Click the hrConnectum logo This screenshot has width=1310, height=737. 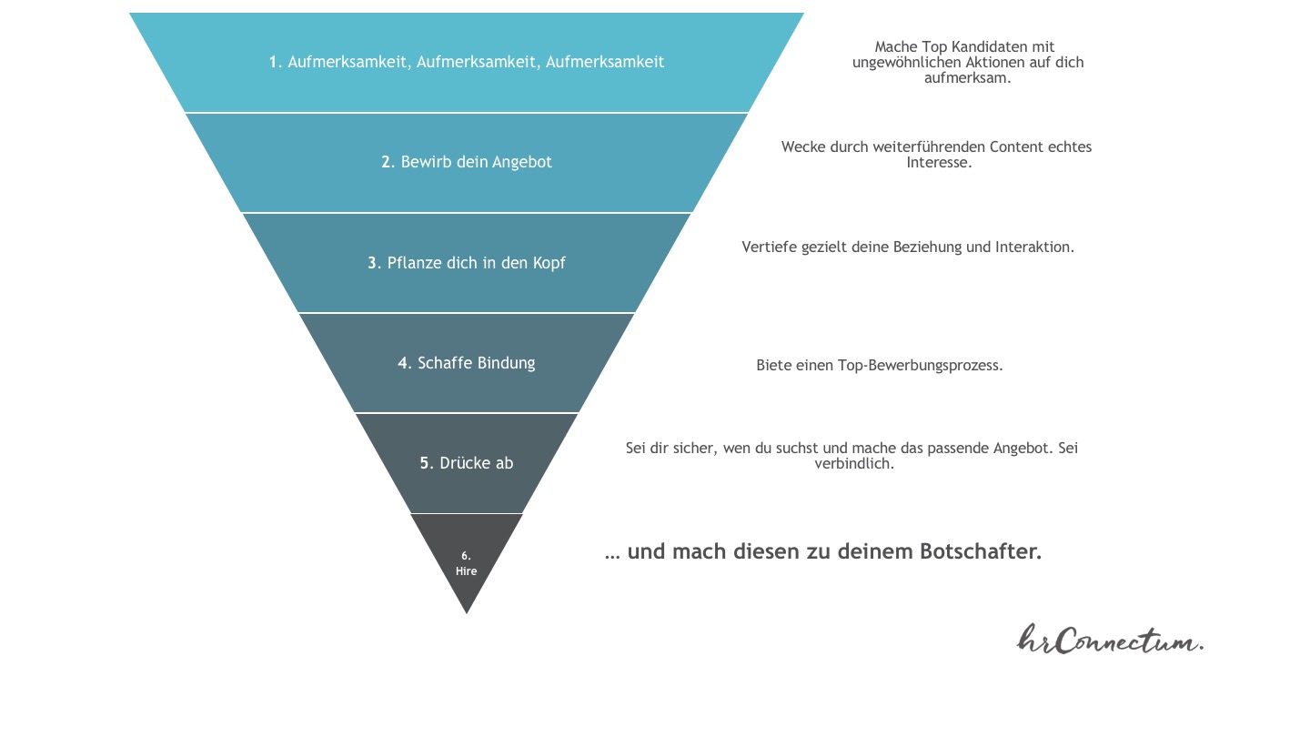(1110, 639)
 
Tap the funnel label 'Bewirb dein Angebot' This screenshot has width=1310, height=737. (476, 162)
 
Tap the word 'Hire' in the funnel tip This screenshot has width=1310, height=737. (466, 571)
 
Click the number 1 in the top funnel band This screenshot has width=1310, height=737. (273, 62)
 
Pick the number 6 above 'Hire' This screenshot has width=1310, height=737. (466, 555)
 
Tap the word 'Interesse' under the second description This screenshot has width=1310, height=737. (938, 163)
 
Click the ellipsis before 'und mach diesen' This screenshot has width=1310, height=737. (612, 553)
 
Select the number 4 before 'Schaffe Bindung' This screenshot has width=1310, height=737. (404, 363)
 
